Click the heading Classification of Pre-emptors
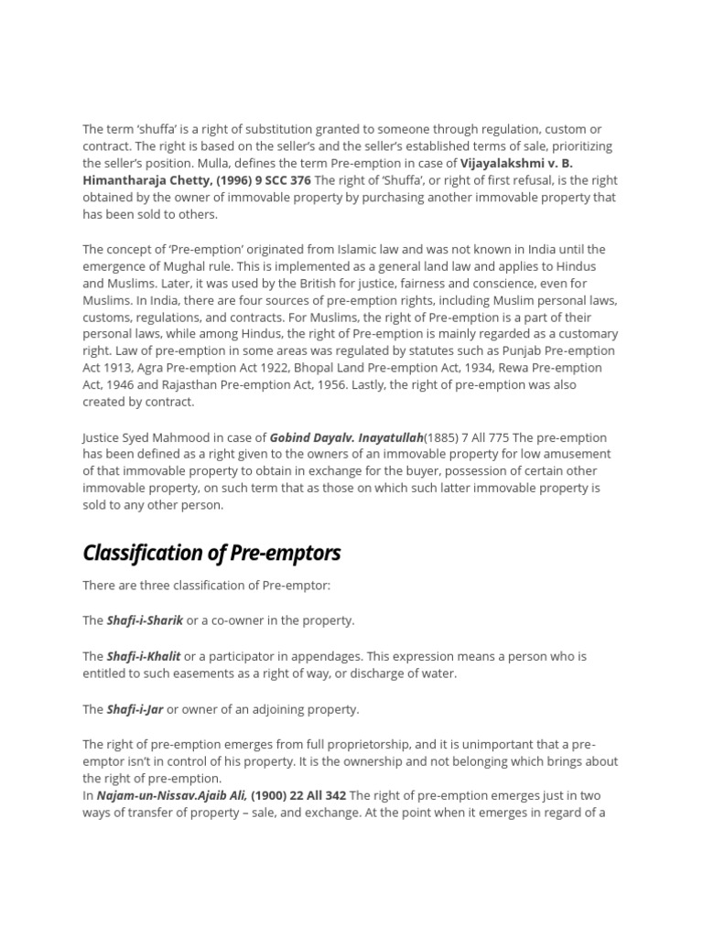pyautogui.click(x=211, y=553)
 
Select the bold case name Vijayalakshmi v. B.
pyautogui.click(x=516, y=163)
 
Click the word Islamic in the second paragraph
pyautogui.click(x=329, y=249)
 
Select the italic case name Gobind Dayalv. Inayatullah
pyautogui.click(x=346, y=437)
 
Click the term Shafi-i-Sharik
pyautogui.click(x=145, y=620)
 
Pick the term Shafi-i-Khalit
pyautogui.click(x=144, y=656)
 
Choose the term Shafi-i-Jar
pyautogui.click(x=135, y=709)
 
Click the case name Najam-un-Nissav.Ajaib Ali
pyautogui.click(x=172, y=795)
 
